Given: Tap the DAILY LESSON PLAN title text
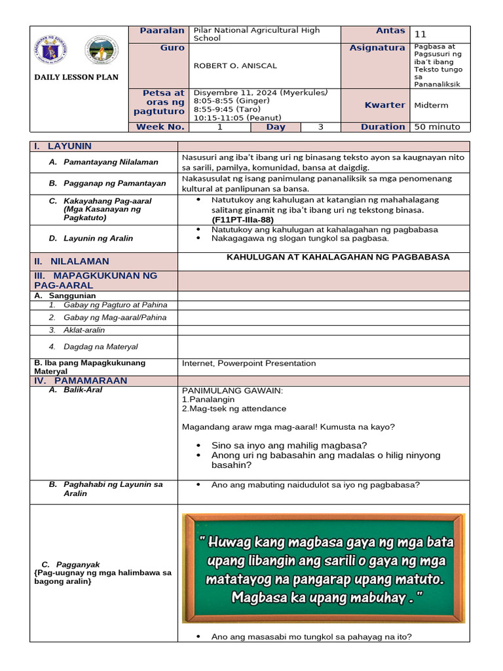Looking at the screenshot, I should [77, 77].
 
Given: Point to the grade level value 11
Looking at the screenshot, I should [420, 34].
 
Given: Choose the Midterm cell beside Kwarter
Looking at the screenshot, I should [431, 105].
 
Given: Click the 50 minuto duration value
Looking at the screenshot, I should [437, 127].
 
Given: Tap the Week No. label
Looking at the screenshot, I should [160, 127].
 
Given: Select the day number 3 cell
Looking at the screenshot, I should [320, 127].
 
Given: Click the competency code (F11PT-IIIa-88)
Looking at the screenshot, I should [243, 220].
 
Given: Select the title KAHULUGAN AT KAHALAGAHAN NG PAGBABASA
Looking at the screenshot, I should [338, 257].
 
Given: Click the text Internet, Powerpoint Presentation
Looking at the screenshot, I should [248, 363].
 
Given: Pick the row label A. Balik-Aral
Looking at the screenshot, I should [83, 390].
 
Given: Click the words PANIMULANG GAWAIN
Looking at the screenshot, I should [232, 391].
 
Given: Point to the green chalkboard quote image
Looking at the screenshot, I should [323, 568].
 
